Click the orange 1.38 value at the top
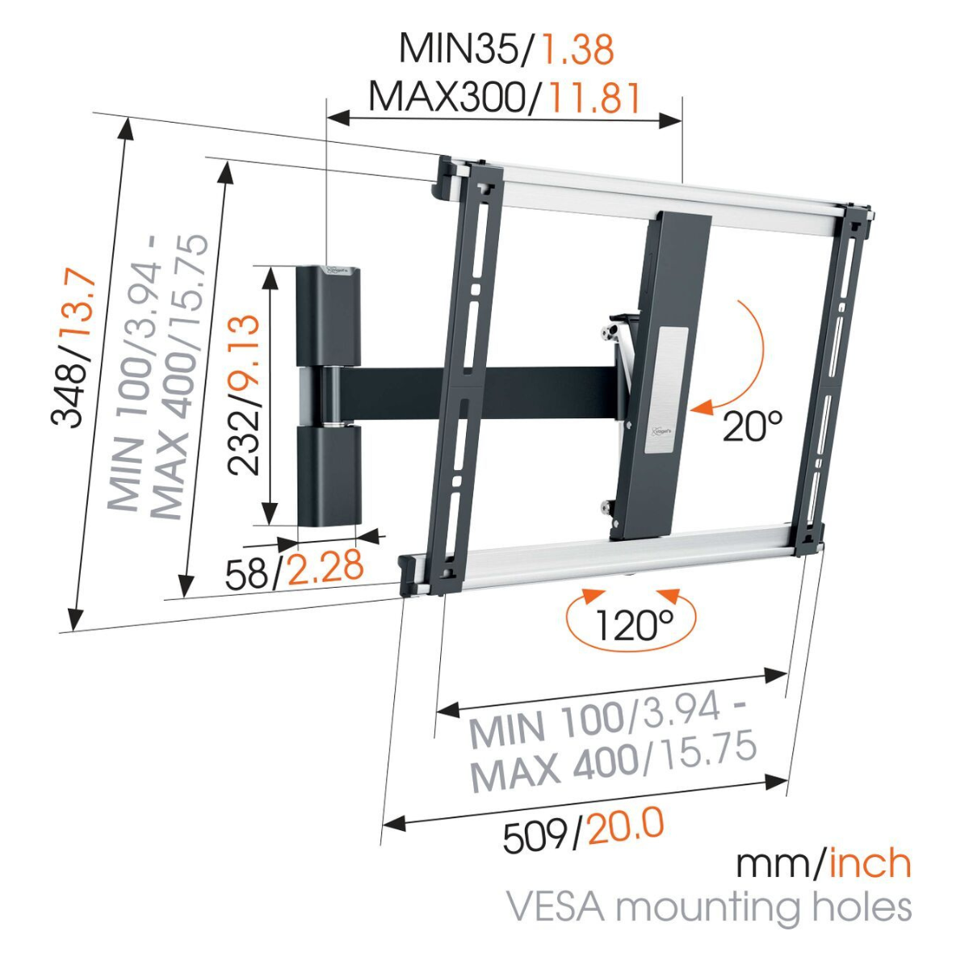coord(577,48)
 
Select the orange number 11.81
coord(594,97)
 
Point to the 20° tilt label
coord(753,426)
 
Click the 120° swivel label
coord(633,626)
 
